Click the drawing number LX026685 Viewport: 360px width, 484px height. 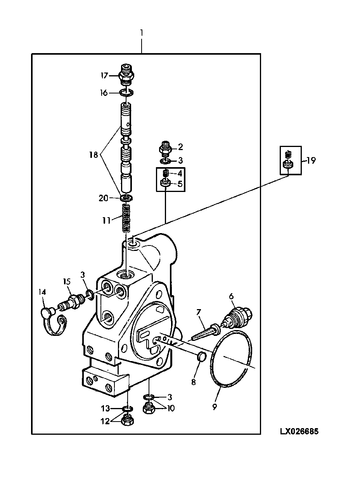click(299, 431)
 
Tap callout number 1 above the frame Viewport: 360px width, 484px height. click(142, 33)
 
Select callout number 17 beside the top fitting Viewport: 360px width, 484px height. click(104, 76)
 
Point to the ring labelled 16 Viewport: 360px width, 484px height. click(126, 93)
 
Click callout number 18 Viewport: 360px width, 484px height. click(93, 155)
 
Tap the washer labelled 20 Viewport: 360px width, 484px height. click(126, 198)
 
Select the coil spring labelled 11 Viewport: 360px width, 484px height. click(126, 218)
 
